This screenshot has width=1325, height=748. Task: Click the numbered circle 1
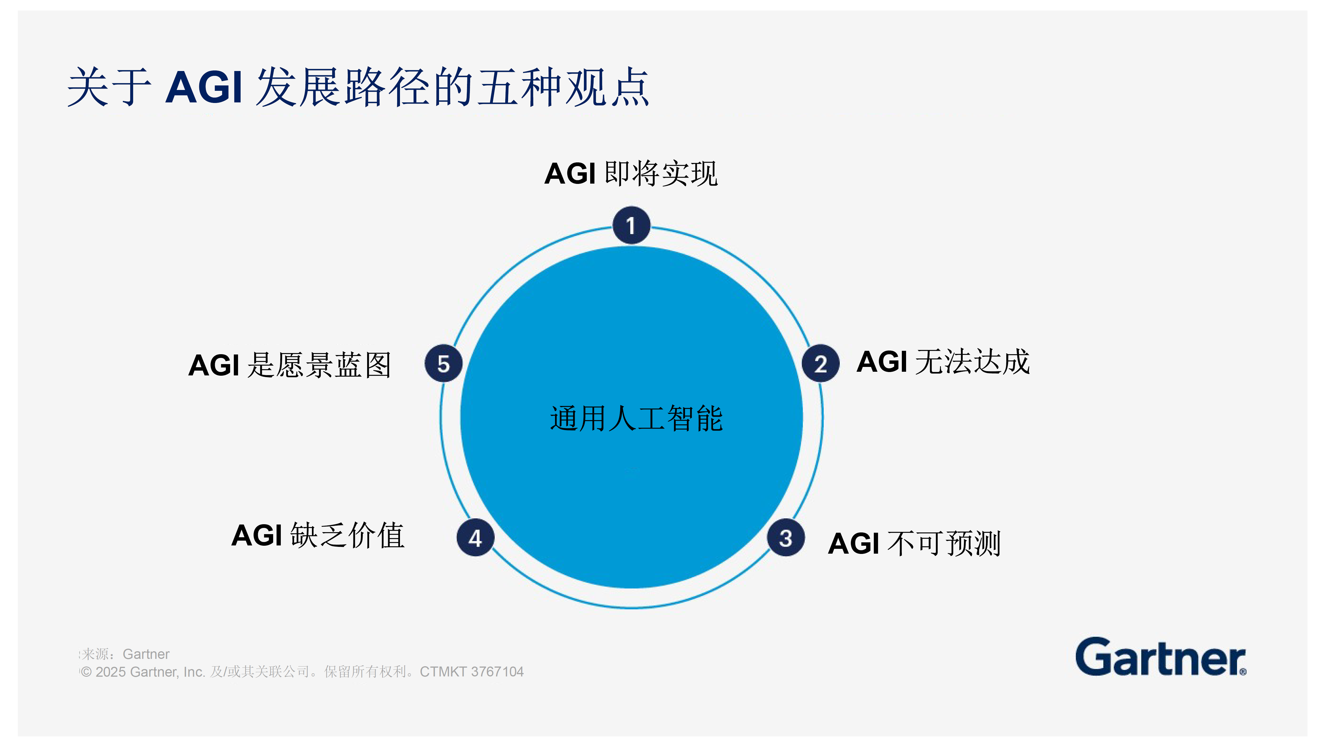pyautogui.click(x=631, y=225)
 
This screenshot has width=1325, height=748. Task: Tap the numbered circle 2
pyautogui.click(x=820, y=363)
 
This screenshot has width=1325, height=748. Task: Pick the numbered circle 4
pyautogui.click(x=475, y=538)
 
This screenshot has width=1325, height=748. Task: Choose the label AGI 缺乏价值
pyautogui.click(x=318, y=535)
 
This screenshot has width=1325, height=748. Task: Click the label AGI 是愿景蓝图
pyautogui.click(x=290, y=365)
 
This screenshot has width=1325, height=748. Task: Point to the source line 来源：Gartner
pyautogui.click(x=125, y=654)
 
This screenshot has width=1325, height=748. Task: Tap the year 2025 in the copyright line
pyautogui.click(x=111, y=672)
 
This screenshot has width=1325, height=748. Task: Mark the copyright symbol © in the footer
pyautogui.click(x=86, y=672)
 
